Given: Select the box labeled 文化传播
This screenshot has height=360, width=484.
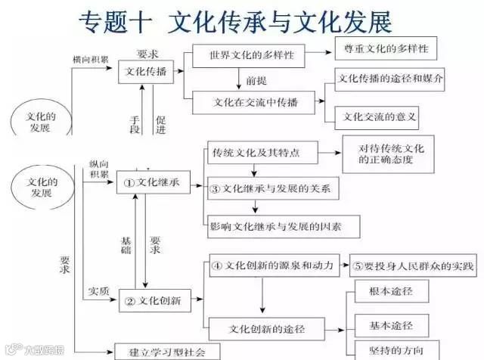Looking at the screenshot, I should tap(145, 72).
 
